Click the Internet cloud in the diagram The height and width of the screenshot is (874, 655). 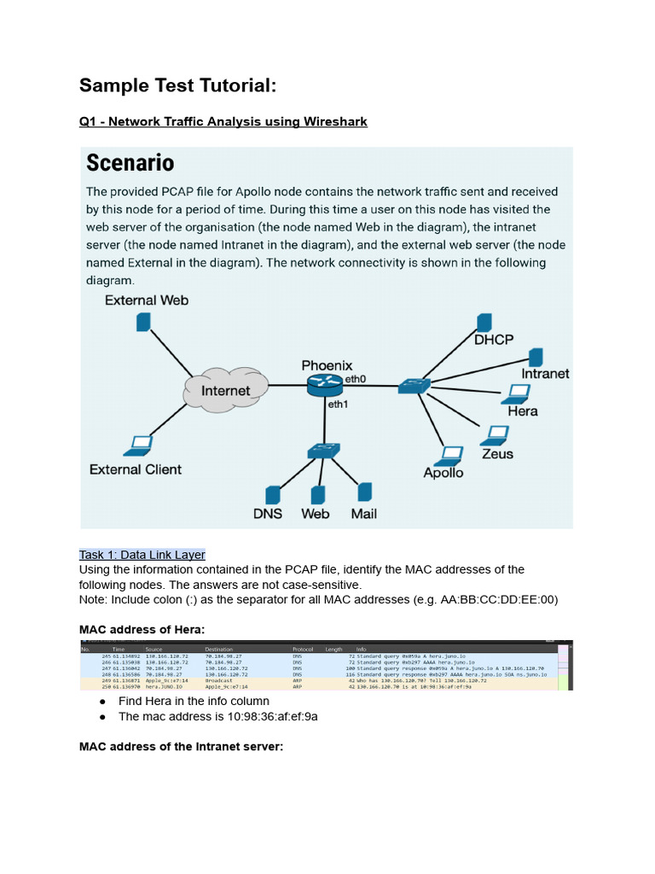coord(225,390)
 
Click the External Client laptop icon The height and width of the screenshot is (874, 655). coord(140,445)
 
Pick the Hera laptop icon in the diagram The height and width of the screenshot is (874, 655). coord(516,393)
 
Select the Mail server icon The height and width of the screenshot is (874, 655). coord(364,492)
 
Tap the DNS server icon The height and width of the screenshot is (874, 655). coord(273,495)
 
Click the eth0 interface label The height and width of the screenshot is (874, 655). coord(355,378)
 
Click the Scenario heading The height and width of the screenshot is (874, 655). coord(129,162)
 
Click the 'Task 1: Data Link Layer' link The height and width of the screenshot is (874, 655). coord(142,554)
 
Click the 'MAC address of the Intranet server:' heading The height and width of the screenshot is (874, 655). coord(181,747)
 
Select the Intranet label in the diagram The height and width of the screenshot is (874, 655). coord(545,373)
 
